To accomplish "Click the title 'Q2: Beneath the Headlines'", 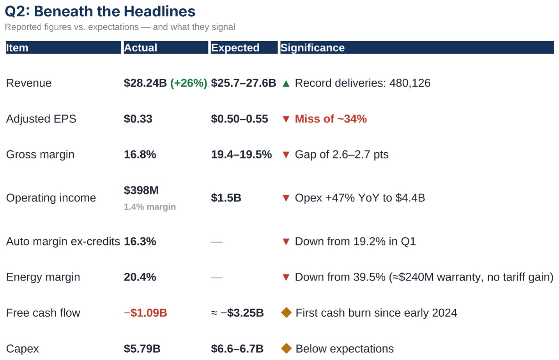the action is [x=100, y=11].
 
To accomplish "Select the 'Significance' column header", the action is [x=313, y=48].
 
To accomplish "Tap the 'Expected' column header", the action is [x=235, y=48].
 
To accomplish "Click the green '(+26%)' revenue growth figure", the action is [x=189, y=83].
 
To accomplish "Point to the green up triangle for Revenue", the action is [x=286, y=84].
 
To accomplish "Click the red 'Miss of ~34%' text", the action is [x=331, y=119].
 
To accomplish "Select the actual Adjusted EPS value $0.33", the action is [x=138, y=119].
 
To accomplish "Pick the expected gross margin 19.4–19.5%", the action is [x=241, y=154].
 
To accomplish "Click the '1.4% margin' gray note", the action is [x=150, y=207].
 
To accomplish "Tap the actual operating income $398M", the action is [x=141, y=191].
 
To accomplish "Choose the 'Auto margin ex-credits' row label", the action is [x=63, y=242].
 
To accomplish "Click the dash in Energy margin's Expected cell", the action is [x=217, y=277].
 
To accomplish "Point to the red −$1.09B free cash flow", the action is [x=145, y=313].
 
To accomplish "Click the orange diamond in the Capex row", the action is [x=286, y=349].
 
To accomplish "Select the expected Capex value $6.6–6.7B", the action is [x=237, y=349].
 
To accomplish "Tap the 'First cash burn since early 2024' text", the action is [x=376, y=313].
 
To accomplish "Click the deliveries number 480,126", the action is [x=410, y=83].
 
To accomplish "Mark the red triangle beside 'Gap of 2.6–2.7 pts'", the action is [x=286, y=155].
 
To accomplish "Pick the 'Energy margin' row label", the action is [x=43, y=277].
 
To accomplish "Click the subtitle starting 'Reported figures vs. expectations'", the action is [x=120, y=27].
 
